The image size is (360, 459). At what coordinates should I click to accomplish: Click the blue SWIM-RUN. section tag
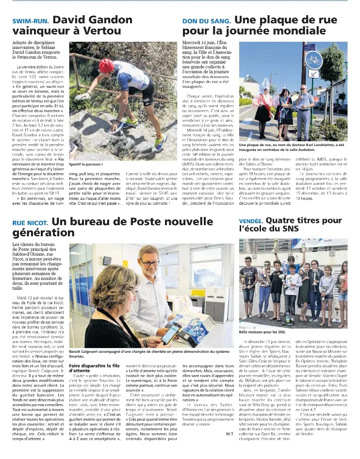point(31,21)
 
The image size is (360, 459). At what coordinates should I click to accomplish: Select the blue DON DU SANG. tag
point(206,21)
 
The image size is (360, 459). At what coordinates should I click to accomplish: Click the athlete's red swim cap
point(106,65)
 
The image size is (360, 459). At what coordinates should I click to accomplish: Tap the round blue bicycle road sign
point(327,61)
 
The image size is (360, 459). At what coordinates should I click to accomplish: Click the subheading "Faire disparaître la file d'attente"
point(95,367)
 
